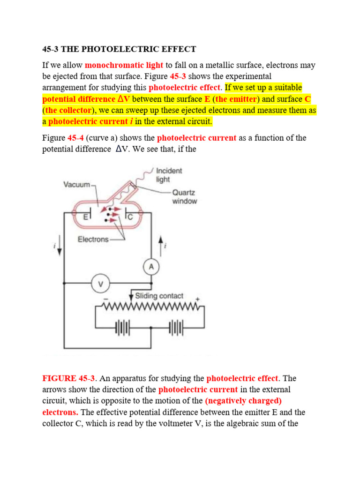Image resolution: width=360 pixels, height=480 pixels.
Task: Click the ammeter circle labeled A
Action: point(151,267)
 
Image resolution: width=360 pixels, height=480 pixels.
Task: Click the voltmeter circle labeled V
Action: point(99,284)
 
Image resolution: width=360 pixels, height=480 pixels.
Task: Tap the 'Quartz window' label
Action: point(184,196)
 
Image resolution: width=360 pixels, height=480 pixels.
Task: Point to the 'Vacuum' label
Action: point(77,185)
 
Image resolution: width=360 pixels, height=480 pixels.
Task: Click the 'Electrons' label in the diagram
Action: point(93,239)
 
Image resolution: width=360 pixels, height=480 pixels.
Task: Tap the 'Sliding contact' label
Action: point(159,296)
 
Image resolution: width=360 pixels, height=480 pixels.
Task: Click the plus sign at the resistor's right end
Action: point(197,299)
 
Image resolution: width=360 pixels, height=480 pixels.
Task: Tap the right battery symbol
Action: point(177,328)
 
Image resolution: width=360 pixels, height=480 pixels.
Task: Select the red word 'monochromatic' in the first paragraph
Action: point(111,65)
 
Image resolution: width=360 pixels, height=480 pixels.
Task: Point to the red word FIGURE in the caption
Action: point(59,378)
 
